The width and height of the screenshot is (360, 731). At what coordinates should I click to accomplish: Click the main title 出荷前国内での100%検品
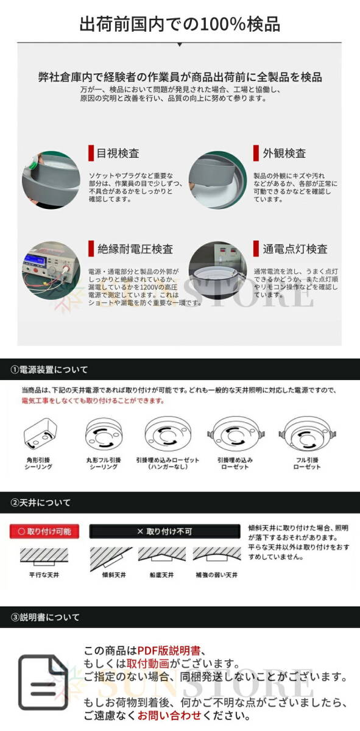[180, 24]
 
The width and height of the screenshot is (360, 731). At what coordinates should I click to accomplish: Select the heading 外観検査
[284, 153]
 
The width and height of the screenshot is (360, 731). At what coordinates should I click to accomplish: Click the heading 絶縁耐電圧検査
[135, 249]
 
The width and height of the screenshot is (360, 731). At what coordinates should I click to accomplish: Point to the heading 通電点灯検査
[295, 249]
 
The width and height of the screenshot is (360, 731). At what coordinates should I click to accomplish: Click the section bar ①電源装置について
[49, 370]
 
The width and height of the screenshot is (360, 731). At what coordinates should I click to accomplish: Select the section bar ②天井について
[41, 503]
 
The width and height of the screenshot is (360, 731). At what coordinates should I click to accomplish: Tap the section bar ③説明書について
[46, 617]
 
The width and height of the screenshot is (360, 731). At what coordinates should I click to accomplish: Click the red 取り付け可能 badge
[44, 531]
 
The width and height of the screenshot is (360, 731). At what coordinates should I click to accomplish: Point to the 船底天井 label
[161, 574]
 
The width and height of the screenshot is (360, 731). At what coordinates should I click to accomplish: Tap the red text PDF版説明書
[169, 651]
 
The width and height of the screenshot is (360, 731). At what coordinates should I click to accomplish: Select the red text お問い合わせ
[163, 715]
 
